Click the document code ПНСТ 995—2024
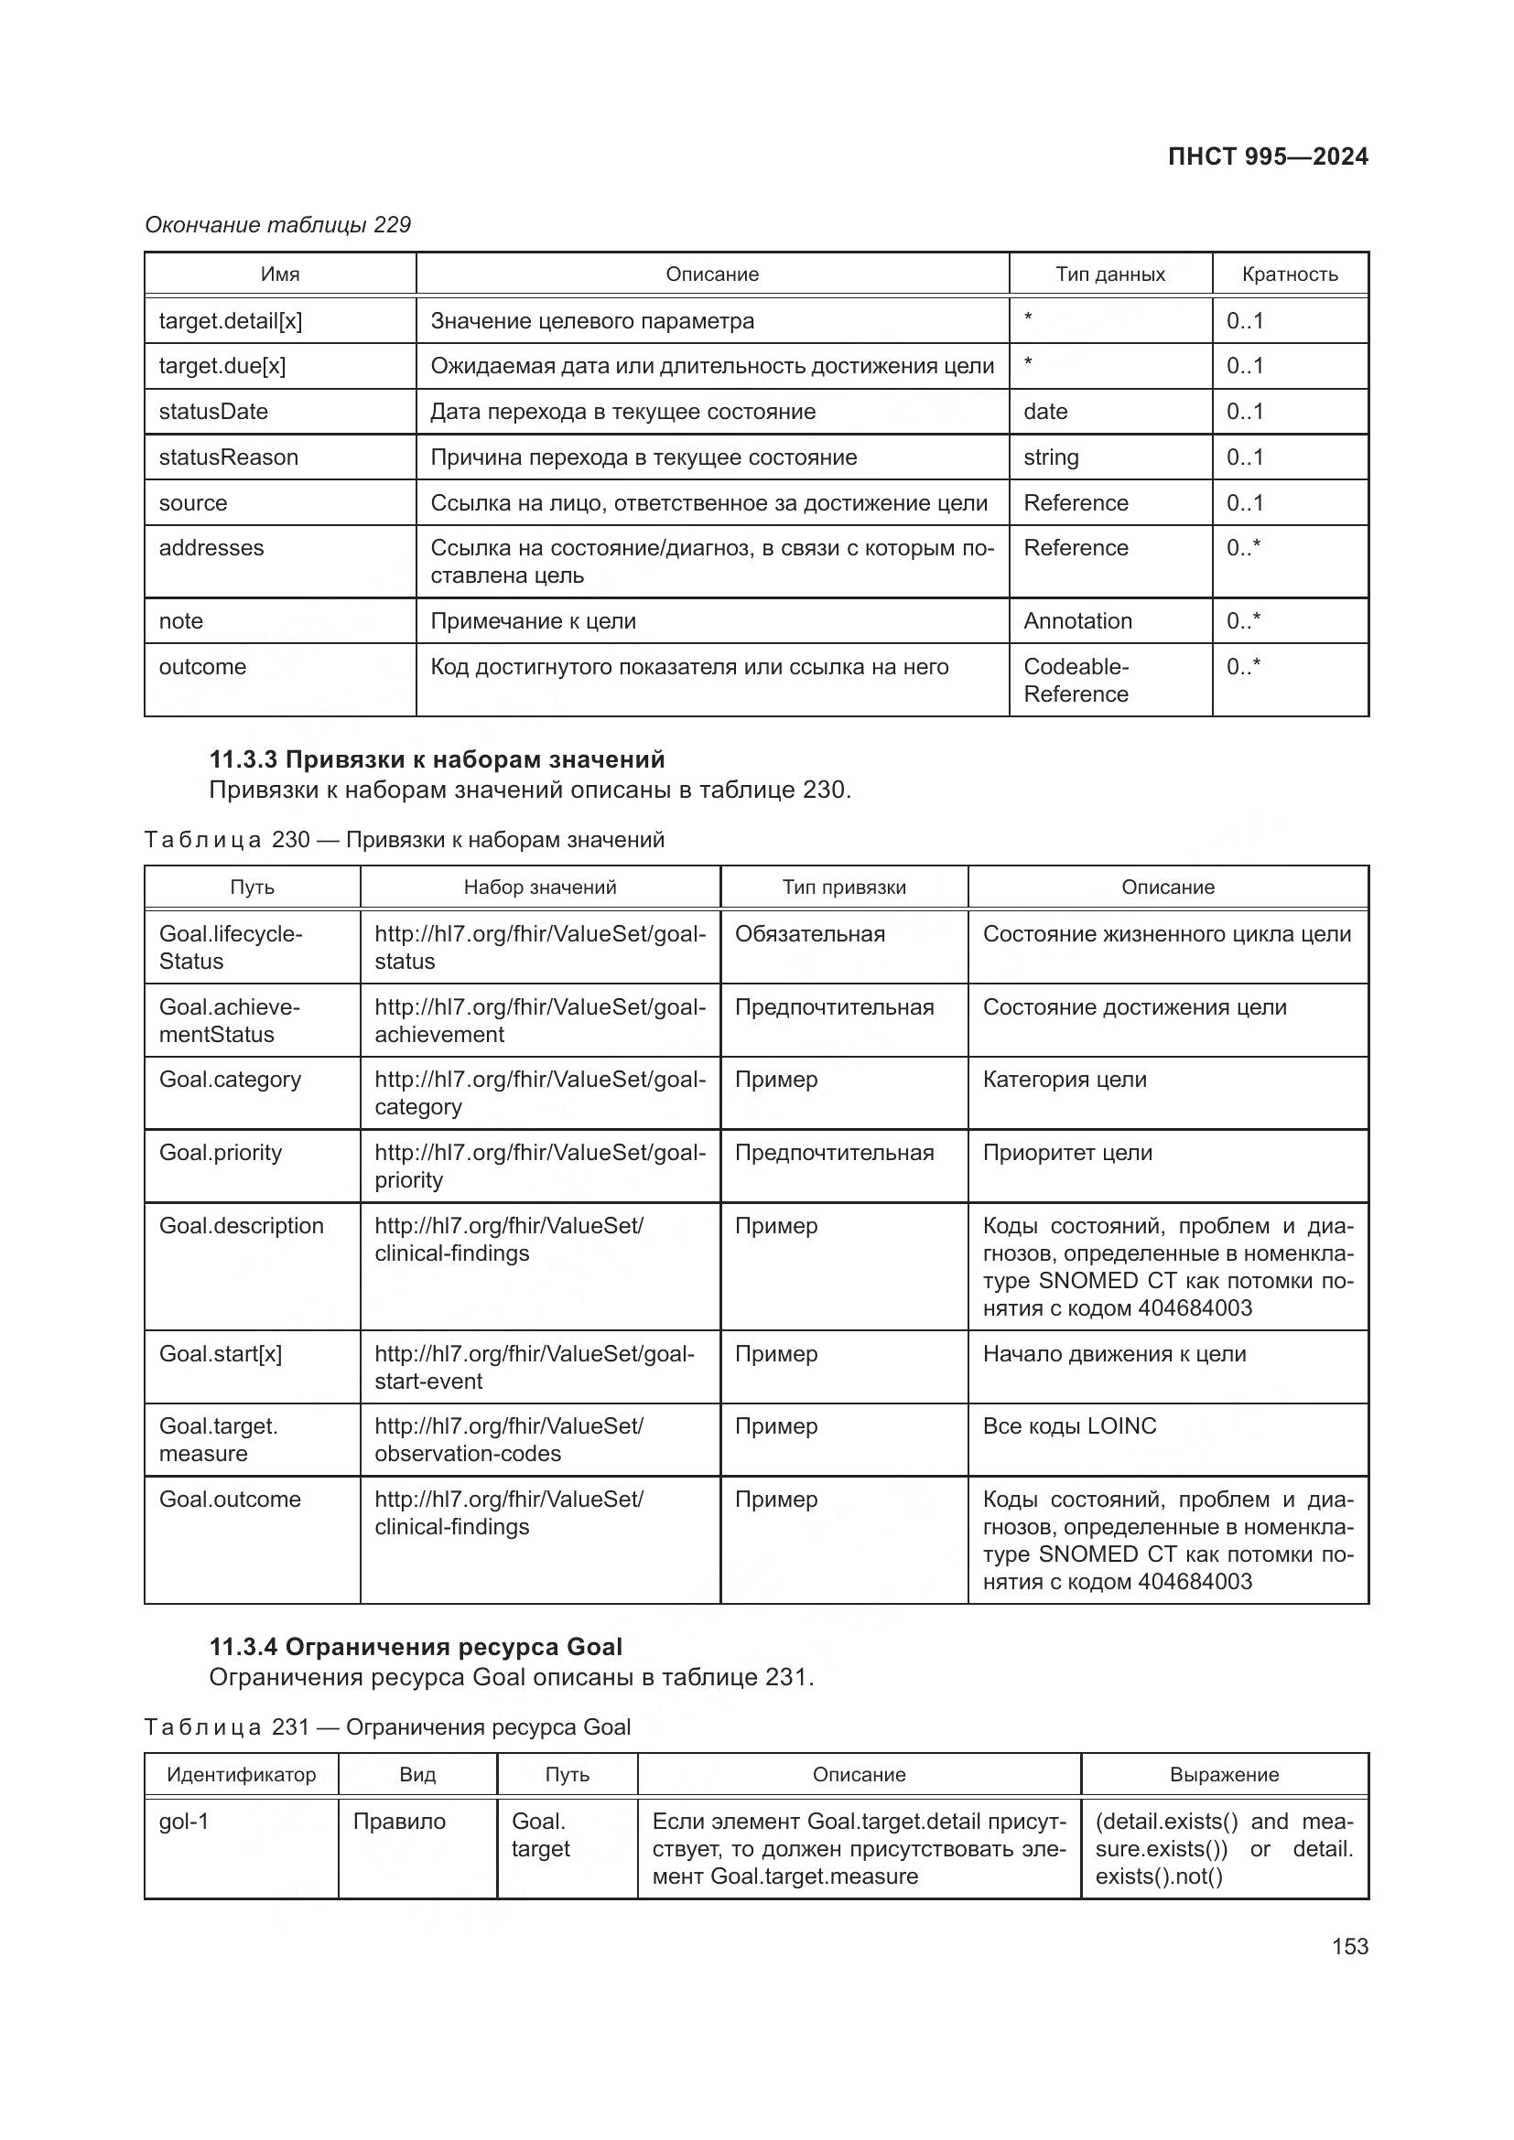pos(1267,156)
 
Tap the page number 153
pos(1349,1946)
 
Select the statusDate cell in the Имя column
pos(213,411)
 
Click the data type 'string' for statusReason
pos(1051,457)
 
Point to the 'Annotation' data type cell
pos(1076,620)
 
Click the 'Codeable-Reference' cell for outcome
pos(1076,681)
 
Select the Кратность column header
pos(1290,274)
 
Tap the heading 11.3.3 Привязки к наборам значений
pos(437,758)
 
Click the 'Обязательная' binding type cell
pos(809,934)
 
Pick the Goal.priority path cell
pos(220,1153)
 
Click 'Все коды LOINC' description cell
pos(1069,1426)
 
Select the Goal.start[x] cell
pos(220,1353)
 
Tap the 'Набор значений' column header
pos(540,887)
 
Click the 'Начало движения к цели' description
pos(1114,1353)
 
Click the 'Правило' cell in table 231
pos(399,1822)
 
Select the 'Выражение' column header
pos(1223,1775)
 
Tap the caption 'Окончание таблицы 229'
pos(278,225)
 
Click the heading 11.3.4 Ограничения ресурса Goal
pos(416,1647)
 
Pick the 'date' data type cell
pos(1045,411)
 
